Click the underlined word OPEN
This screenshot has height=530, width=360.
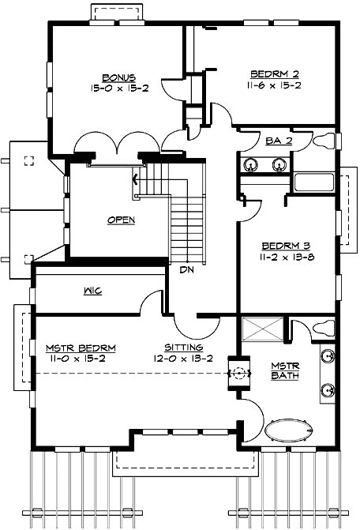coord(122,220)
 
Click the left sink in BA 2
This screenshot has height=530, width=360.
coord(252,165)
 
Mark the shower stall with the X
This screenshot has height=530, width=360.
coord(261,329)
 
